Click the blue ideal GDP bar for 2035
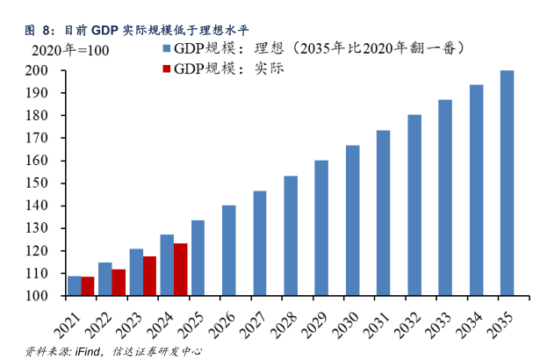coord(507,184)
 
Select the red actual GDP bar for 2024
coord(180,270)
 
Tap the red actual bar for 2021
coord(88,286)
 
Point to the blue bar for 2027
coord(260,243)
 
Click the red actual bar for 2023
coord(149,276)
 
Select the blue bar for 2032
coord(414,205)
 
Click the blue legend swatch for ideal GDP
coord(163,49)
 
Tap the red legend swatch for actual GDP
coord(163,68)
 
